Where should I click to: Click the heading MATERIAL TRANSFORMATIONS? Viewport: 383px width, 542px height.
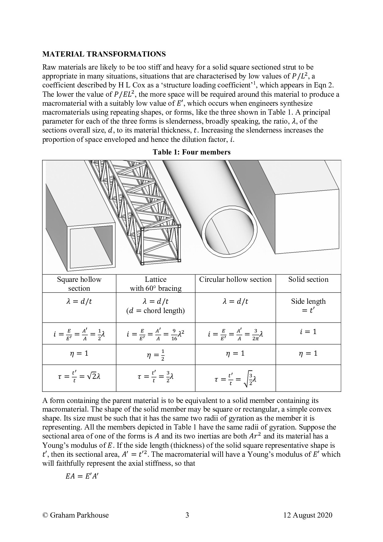104,54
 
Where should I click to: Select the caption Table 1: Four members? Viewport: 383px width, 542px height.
191,152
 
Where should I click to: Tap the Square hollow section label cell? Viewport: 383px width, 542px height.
79,284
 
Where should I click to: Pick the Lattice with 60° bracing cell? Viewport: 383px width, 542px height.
156,284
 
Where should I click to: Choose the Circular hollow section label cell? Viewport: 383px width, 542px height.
235,280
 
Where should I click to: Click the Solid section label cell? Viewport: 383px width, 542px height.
308,280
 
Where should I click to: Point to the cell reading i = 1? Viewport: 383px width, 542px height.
308,332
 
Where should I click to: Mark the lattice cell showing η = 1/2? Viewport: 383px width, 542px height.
156,355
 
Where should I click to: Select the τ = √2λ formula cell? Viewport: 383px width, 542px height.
79,378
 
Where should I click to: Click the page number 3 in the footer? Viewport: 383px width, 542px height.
187,515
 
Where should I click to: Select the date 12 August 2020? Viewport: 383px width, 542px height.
308,515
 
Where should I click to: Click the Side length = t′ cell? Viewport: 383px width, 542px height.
308,306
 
